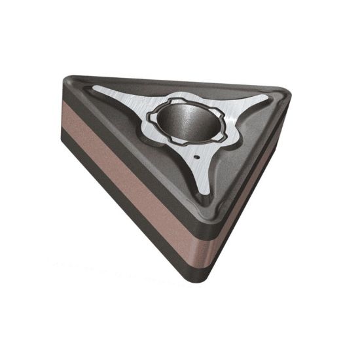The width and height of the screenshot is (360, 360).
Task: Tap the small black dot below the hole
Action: coord(197,158)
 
